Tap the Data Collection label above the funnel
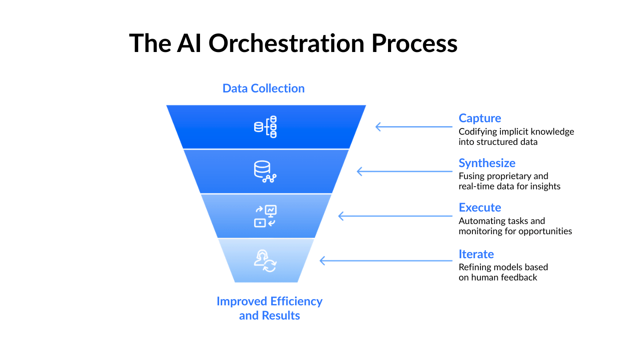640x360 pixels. (264, 88)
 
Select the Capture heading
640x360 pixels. (480, 118)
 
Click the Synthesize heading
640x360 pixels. (487, 163)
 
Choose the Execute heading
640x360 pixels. (480, 208)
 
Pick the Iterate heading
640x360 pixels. (476, 254)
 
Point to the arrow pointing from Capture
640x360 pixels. (413, 127)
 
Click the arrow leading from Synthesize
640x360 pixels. (404, 171)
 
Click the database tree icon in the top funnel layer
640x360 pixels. (265, 127)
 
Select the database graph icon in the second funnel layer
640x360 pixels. (265, 172)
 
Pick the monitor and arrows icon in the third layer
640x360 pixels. (265, 216)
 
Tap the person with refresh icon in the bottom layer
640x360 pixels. (265, 260)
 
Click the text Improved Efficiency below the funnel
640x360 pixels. (269, 301)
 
